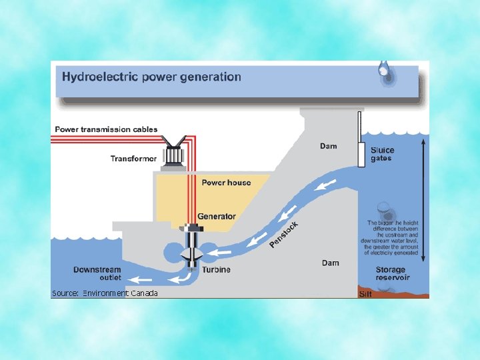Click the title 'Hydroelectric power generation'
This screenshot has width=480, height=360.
pos(151,77)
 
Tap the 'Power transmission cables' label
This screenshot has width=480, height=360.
pos(106,129)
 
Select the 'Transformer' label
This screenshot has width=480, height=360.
pos(133,159)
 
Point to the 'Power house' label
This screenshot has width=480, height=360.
pos(226,183)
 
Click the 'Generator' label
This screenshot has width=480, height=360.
pos(216,217)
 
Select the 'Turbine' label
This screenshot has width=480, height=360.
pos(217,269)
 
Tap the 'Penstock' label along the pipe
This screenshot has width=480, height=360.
pos(284,235)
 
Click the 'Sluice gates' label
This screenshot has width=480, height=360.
pos(382,155)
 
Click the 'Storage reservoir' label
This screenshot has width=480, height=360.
pos(393,273)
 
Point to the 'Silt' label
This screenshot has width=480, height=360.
pos(365,294)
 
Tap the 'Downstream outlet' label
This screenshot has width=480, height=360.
pos(97,273)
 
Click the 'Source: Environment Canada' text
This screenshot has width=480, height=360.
pos(105,293)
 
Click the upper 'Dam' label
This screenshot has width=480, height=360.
pos(328,146)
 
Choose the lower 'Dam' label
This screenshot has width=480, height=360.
pos(331,263)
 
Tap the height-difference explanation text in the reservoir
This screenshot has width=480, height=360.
pos(391,237)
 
